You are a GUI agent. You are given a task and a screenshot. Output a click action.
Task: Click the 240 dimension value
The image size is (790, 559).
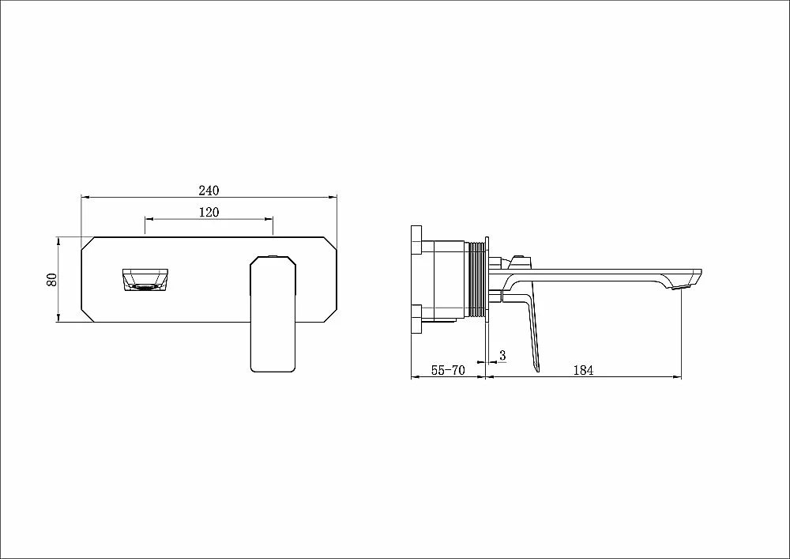pyautogui.click(x=209, y=191)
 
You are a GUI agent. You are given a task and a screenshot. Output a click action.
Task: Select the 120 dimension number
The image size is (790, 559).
pyautogui.click(x=209, y=212)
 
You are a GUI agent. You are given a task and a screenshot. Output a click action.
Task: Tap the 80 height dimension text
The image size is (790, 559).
pyautogui.click(x=51, y=279)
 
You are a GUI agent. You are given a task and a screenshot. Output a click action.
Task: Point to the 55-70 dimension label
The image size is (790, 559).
pyautogui.click(x=448, y=371)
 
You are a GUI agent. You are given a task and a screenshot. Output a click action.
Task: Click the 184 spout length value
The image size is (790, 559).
pyautogui.click(x=583, y=371)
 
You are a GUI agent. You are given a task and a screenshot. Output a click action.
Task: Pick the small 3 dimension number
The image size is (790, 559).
pyautogui.click(x=502, y=355)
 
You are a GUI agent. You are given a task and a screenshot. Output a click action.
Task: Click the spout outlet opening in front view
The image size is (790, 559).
pyautogui.click(x=145, y=280)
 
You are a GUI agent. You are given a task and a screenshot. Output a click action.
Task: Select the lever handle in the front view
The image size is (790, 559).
pyautogui.click(x=273, y=314)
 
